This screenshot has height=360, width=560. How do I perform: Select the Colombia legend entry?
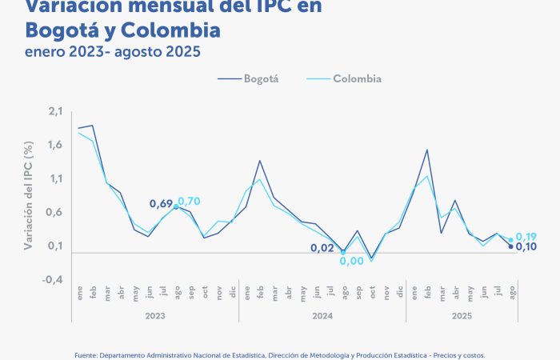[357, 79]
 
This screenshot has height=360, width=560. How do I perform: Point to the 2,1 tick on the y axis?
[55, 111]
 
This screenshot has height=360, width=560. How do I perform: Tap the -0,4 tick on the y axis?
[54, 279]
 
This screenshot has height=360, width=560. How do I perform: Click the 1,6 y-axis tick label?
[55, 145]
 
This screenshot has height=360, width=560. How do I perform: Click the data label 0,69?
[160, 204]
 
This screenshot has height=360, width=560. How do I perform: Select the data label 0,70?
[190, 202]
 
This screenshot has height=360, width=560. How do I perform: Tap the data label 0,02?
[322, 248]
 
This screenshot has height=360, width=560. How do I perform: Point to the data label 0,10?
[526, 246]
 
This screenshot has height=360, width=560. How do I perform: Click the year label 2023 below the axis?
[155, 316]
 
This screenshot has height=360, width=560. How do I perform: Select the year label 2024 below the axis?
[322, 316]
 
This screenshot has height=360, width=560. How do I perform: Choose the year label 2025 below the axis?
[462, 316]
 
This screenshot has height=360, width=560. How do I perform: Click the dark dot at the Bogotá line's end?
[510, 246]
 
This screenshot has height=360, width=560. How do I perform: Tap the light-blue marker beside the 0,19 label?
[510, 240]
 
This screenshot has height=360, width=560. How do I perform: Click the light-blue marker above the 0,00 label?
[343, 253]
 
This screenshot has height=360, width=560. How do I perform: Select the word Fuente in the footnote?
[87, 354]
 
